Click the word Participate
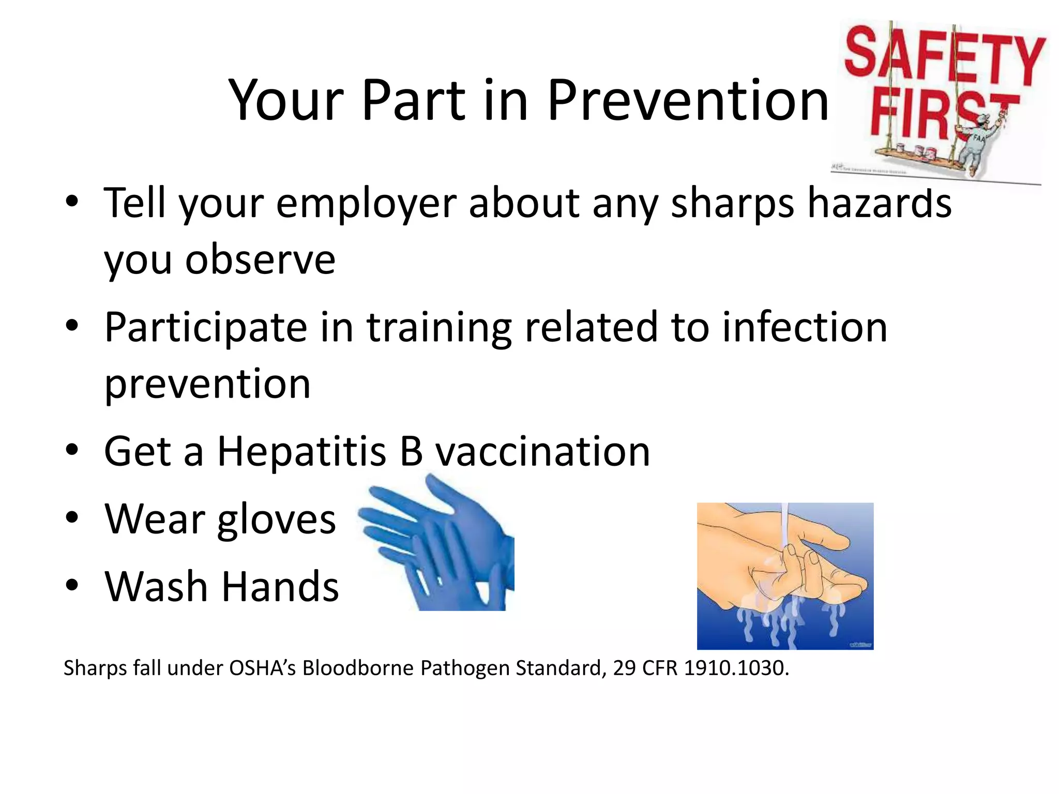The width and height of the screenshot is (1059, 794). point(206,328)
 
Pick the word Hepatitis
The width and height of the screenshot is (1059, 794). point(301,451)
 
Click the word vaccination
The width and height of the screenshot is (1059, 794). point(542,451)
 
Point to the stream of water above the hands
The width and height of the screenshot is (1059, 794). point(784,525)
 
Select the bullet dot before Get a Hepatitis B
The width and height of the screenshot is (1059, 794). point(72,450)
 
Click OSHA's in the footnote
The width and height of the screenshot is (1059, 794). point(262,668)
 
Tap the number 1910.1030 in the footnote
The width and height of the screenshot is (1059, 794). point(736,668)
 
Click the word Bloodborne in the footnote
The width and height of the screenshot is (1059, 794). point(358,668)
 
